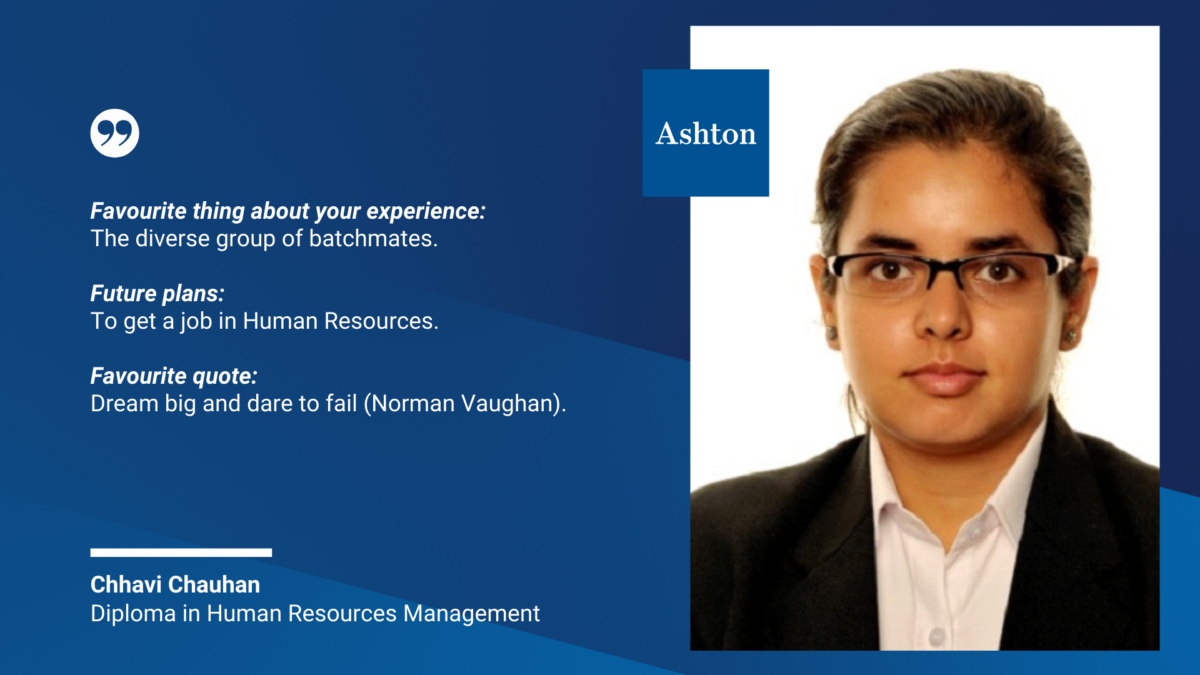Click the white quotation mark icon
(x=114, y=133)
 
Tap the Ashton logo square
(x=706, y=133)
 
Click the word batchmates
(x=373, y=239)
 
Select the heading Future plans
(x=157, y=294)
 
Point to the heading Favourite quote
(x=174, y=376)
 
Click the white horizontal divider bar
(x=181, y=552)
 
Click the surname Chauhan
(x=214, y=584)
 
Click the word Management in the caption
(x=471, y=614)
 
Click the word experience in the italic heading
(x=426, y=211)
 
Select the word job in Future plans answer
(x=196, y=321)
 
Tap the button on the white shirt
(x=936, y=637)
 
